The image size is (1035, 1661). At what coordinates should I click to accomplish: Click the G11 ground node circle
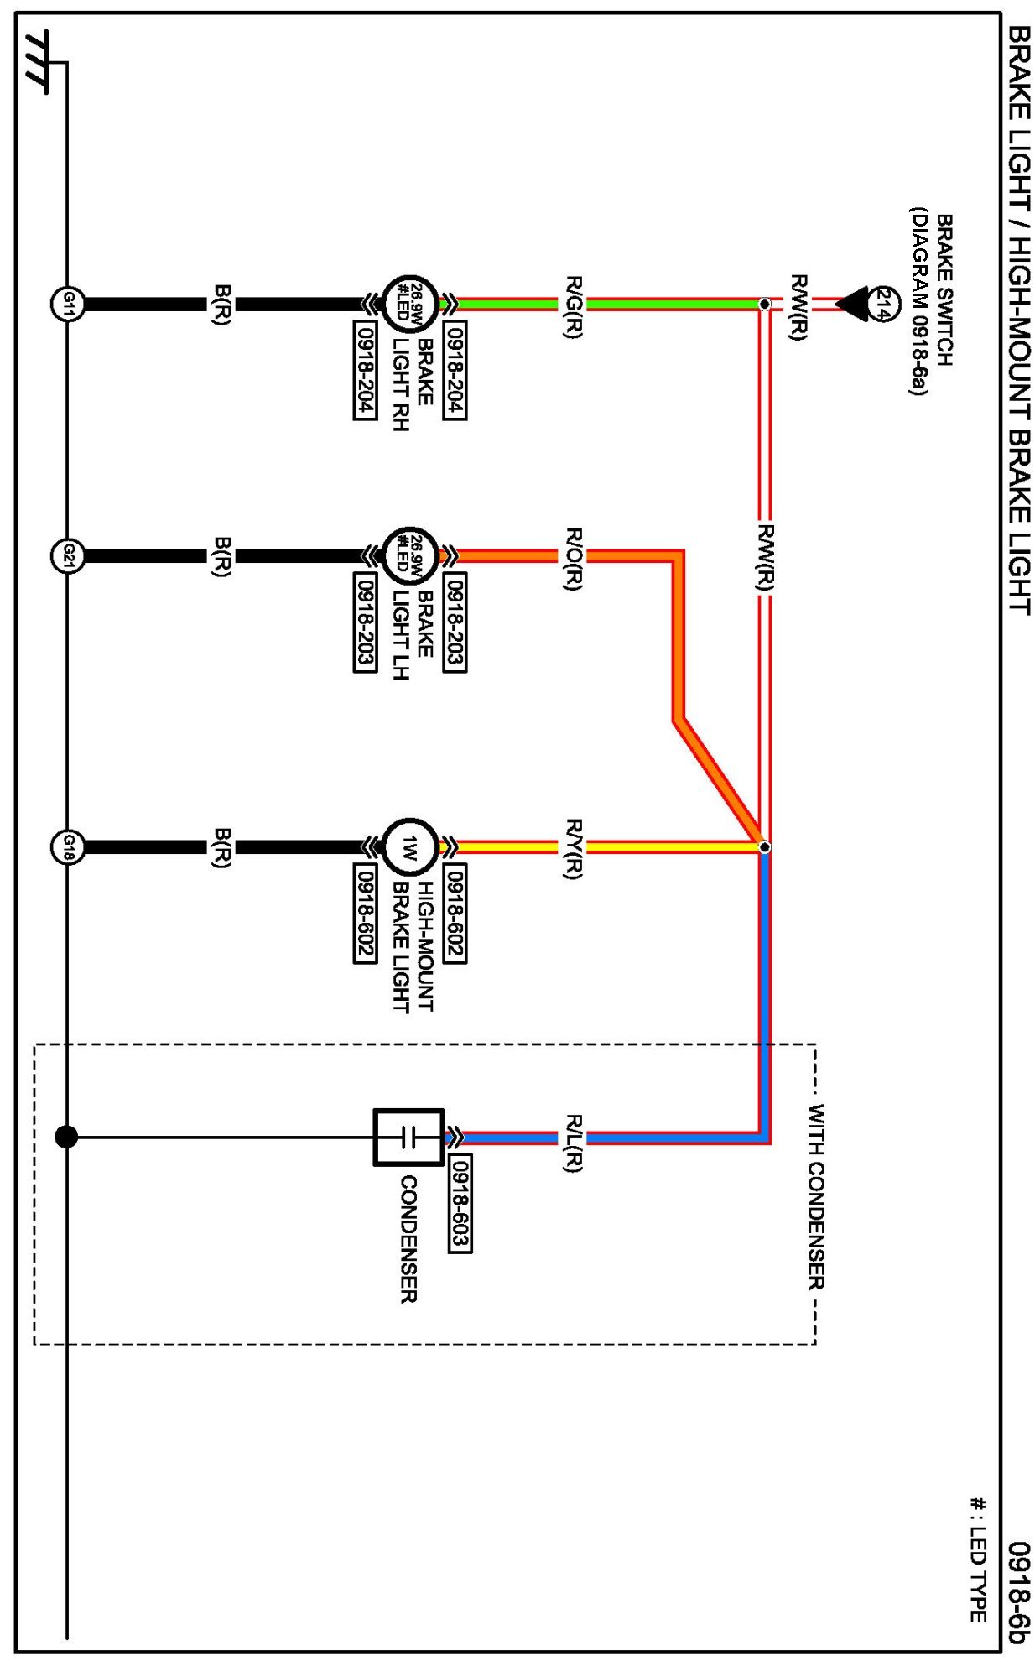pos(68,303)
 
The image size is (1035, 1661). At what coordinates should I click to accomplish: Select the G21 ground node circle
pos(68,555)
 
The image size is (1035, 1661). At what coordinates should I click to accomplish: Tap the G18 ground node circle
pos(68,846)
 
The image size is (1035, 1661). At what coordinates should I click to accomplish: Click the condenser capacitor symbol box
pos(408,1138)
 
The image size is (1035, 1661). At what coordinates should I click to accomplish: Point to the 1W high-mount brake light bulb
pos(409,846)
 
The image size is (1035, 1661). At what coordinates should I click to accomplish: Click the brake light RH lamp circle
pos(409,303)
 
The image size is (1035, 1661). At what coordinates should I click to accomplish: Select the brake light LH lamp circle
pos(409,555)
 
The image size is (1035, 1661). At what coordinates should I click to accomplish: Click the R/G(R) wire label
pos(573,306)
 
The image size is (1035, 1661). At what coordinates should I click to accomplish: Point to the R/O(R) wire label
pos(573,559)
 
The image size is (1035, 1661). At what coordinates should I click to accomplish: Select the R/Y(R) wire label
pos(573,849)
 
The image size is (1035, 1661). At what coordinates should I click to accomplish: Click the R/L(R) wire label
pos(573,1143)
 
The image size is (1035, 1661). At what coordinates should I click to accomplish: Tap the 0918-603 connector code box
pos(460,1203)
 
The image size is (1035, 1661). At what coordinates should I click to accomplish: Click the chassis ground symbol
pos(38,63)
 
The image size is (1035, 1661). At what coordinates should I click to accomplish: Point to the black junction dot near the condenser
pos(66,1137)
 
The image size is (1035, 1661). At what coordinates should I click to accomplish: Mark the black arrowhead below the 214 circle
pos(852,303)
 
